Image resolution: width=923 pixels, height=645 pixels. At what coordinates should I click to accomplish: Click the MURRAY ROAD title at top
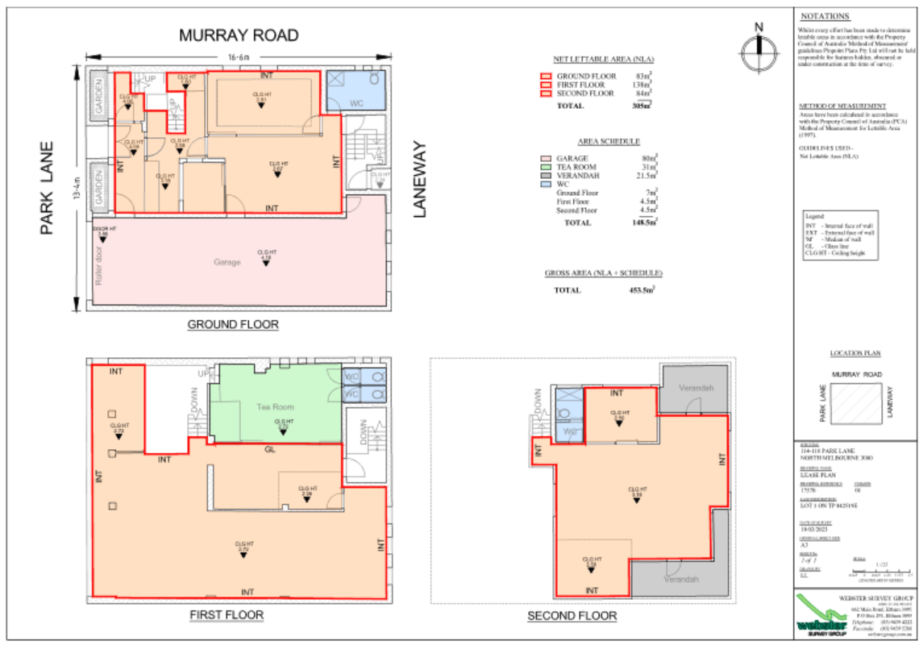click(239, 35)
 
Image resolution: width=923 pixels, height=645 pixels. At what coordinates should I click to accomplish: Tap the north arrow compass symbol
click(757, 51)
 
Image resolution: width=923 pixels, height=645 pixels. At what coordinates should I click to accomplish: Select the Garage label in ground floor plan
click(227, 262)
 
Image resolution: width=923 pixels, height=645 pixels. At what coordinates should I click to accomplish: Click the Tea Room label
click(275, 407)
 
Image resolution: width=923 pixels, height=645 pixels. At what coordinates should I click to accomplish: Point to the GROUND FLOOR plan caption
click(233, 325)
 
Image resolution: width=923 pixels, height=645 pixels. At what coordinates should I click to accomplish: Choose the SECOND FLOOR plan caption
click(572, 616)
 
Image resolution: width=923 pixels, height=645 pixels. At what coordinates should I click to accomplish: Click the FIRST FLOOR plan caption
click(226, 615)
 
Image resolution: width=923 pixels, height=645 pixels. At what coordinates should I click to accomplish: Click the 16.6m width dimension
click(238, 56)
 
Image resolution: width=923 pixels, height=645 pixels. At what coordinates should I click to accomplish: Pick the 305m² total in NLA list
click(642, 106)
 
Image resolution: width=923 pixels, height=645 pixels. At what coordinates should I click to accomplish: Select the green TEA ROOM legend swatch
click(546, 167)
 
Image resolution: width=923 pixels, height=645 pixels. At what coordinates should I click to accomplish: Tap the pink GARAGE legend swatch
click(546, 158)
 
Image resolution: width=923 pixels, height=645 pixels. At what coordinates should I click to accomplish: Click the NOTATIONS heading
click(825, 16)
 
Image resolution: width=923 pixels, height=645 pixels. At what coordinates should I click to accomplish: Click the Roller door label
click(98, 264)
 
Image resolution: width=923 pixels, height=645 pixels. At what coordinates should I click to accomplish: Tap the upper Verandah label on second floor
click(696, 388)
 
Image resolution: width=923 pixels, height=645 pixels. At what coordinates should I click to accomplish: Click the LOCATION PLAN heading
click(854, 353)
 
